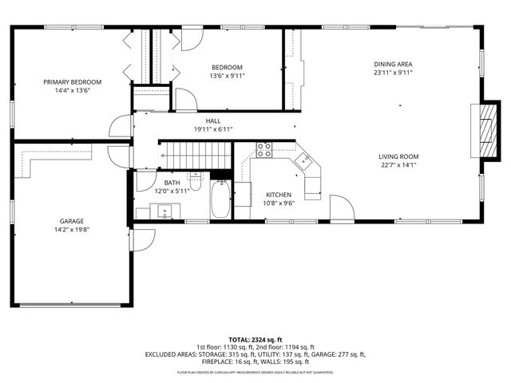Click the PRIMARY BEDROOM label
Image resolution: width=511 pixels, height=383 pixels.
coord(73,82)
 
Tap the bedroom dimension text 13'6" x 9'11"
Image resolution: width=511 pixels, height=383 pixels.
coord(227,76)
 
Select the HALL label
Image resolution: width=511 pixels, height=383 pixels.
coord(213,120)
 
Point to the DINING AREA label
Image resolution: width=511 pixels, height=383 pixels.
coord(394,64)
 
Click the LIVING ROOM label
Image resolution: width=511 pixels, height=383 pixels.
coord(398,156)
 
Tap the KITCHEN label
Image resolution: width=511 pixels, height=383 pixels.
coord(279,195)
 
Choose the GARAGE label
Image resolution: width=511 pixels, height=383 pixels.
coord(71,221)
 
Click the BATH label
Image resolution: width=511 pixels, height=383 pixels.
coord(172,182)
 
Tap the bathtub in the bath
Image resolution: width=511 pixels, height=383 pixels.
coord(220,199)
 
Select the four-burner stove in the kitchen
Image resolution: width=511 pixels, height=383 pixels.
coord(264,150)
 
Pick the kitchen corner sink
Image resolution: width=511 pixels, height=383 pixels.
coord(304,162)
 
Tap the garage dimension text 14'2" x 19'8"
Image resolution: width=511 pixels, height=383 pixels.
coord(71,230)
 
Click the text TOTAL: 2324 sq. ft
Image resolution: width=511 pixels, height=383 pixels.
coord(255,340)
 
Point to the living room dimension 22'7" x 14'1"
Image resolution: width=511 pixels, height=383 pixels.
coord(398,165)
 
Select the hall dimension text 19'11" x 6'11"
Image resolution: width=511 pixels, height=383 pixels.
coord(213,129)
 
